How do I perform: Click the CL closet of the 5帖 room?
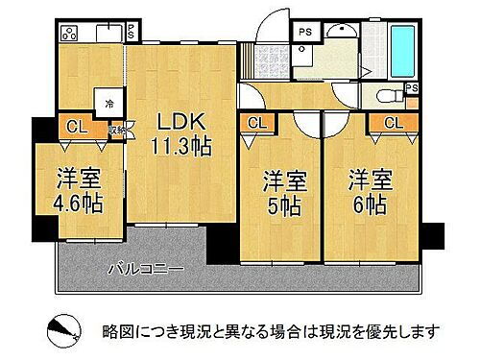(x=256, y=123)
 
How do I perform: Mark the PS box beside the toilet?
(x=412, y=89)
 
